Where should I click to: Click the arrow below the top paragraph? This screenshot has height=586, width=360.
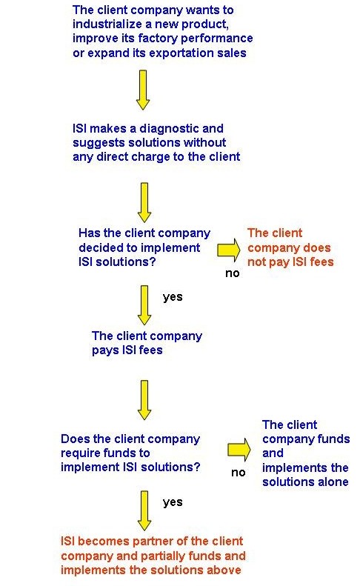click(143, 90)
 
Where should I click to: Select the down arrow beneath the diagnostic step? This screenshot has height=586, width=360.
click(144, 202)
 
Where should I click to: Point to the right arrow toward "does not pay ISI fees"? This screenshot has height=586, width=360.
click(229, 249)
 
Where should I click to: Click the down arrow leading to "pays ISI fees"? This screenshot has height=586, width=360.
click(144, 305)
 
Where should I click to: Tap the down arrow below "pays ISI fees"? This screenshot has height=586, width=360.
click(144, 400)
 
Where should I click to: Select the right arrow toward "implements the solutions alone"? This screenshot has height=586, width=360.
click(239, 450)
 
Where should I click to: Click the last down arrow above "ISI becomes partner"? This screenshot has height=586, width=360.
click(144, 510)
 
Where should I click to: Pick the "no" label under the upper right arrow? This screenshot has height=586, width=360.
click(232, 273)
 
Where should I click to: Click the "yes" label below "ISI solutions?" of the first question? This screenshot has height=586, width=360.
click(173, 298)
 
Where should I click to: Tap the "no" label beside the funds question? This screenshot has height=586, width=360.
click(238, 473)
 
